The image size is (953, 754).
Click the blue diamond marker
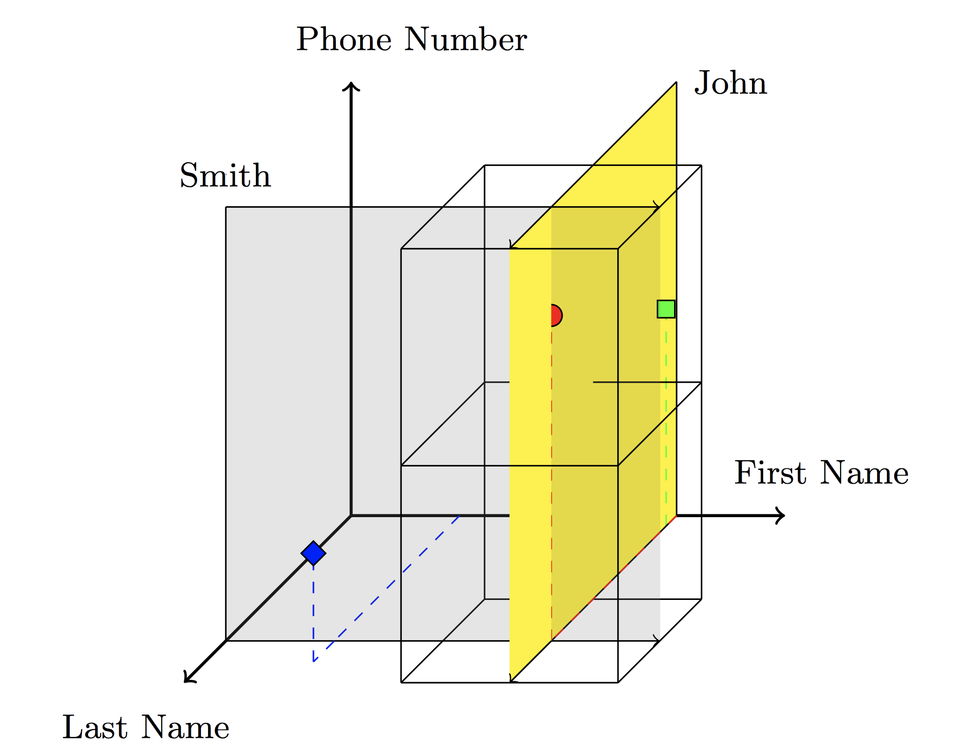click(x=313, y=553)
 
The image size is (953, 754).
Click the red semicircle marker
click(x=556, y=315)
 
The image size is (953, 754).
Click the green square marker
click(x=666, y=309)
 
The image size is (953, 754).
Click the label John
click(x=731, y=83)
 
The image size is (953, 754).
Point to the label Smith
click(x=225, y=176)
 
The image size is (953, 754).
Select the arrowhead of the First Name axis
click(x=781, y=515)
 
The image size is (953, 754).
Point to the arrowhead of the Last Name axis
click(x=188, y=679)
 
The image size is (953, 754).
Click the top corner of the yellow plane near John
click(x=676, y=83)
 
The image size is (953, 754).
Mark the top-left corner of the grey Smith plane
click(x=226, y=207)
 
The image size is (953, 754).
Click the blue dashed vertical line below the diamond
click(x=313, y=612)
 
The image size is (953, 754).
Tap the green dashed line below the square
click(x=666, y=421)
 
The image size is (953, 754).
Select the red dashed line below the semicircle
click(x=552, y=478)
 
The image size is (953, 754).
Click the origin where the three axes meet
click(x=351, y=515)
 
